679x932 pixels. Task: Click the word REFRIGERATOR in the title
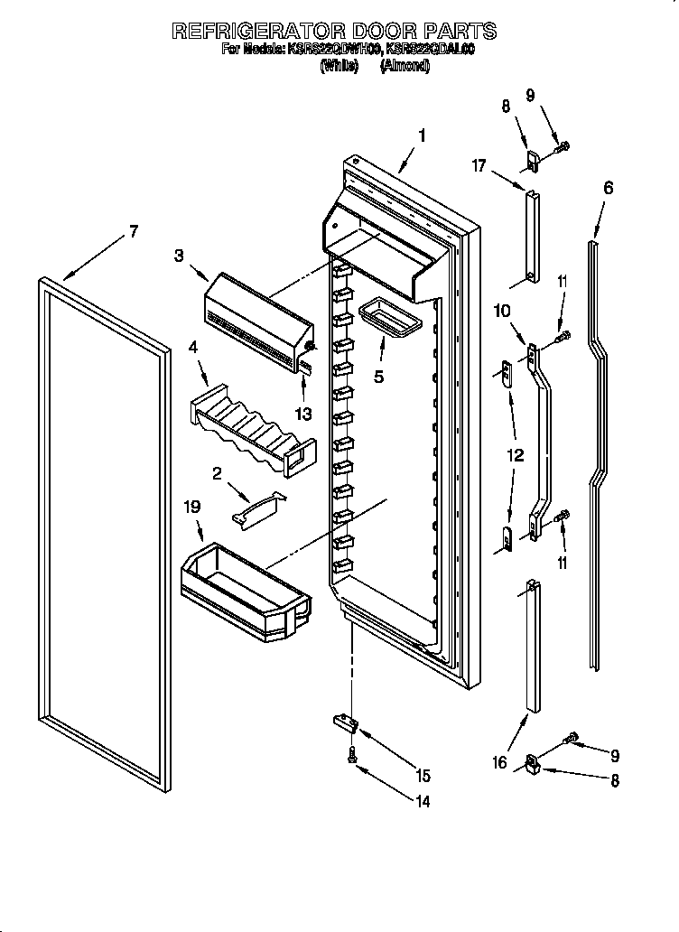point(261,31)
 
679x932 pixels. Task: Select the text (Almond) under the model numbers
point(405,66)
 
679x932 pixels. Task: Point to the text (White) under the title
point(340,66)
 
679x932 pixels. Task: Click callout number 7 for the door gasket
point(133,231)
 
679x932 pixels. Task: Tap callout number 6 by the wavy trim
point(608,188)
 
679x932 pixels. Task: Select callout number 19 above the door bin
point(192,509)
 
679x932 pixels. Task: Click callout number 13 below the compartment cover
point(302,414)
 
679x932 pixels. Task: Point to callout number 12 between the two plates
point(515,456)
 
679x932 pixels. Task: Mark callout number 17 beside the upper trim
point(479,165)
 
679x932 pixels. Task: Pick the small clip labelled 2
point(257,508)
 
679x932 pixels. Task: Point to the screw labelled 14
point(351,757)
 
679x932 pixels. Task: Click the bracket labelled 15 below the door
point(344,720)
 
